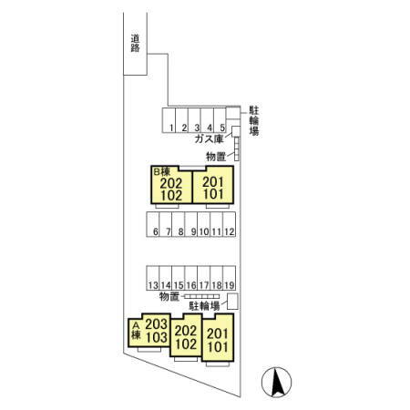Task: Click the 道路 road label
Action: click(135, 43)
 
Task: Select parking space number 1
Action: click(169, 120)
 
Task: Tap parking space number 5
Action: click(220, 120)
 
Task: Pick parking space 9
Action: click(191, 224)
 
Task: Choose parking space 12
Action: click(230, 224)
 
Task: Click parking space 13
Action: click(153, 278)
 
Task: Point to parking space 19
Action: click(230, 278)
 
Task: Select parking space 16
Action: click(191, 278)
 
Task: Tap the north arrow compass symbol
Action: click(277, 383)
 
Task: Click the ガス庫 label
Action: click(209, 139)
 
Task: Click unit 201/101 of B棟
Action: click(213, 185)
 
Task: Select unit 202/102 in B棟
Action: click(171, 185)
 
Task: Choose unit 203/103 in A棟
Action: click(149, 331)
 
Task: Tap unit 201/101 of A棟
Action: click(218, 338)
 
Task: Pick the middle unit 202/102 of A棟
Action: click(186, 335)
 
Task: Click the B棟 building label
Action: click(161, 172)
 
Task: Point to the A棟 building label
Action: click(136, 331)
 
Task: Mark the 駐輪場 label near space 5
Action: click(254, 120)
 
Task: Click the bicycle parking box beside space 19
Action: click(233, 302)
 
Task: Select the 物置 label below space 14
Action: click(169, 296)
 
